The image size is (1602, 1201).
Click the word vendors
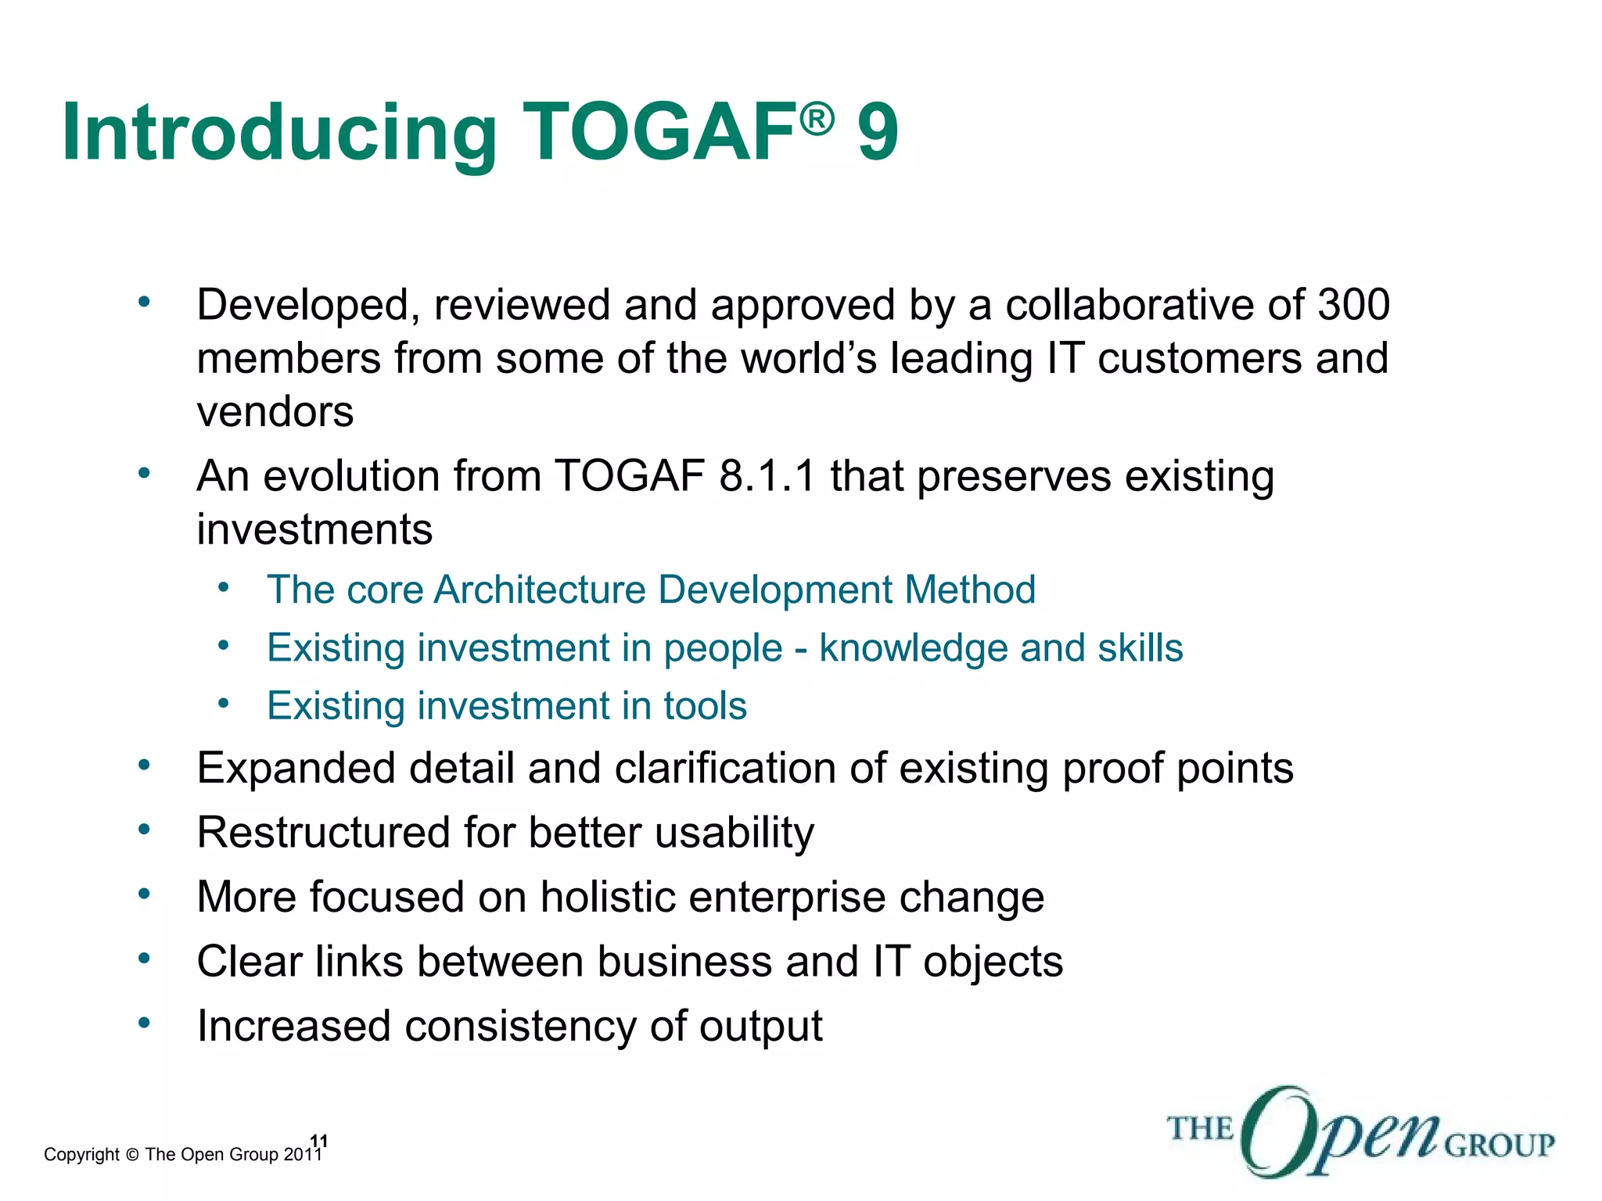[x=275, y=412]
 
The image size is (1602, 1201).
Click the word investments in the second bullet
[x=314, y=530]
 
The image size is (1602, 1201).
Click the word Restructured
[x=323, y=833]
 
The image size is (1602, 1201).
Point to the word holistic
[x=607, y=897]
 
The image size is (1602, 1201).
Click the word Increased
[x=293, y=1026]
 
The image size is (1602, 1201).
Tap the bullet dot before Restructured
[x=143, y=829]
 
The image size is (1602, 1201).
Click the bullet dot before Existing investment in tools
[x=224, y=704]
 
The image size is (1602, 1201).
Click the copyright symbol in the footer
[x=131, y=1155]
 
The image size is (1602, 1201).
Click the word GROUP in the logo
[x=1499, y=1146]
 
